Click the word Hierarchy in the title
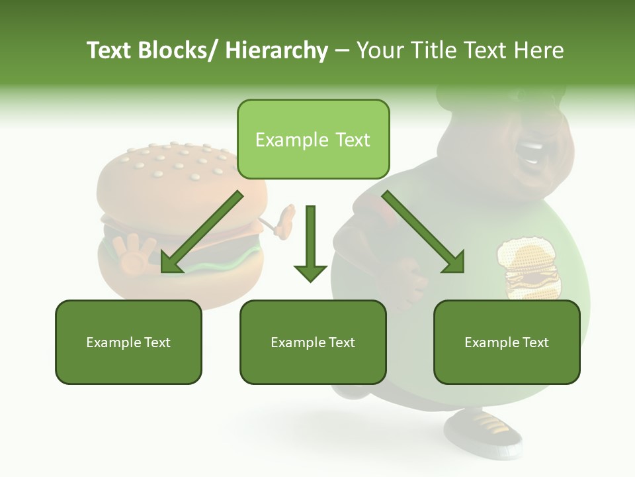point(276,50)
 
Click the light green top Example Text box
point(313,140)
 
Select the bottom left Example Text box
point(128,343)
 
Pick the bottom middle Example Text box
point(313,343)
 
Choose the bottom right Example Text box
point(507,343)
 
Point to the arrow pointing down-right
point(423,232)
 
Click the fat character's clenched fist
point(403,278)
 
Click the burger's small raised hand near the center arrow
point(285,222)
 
